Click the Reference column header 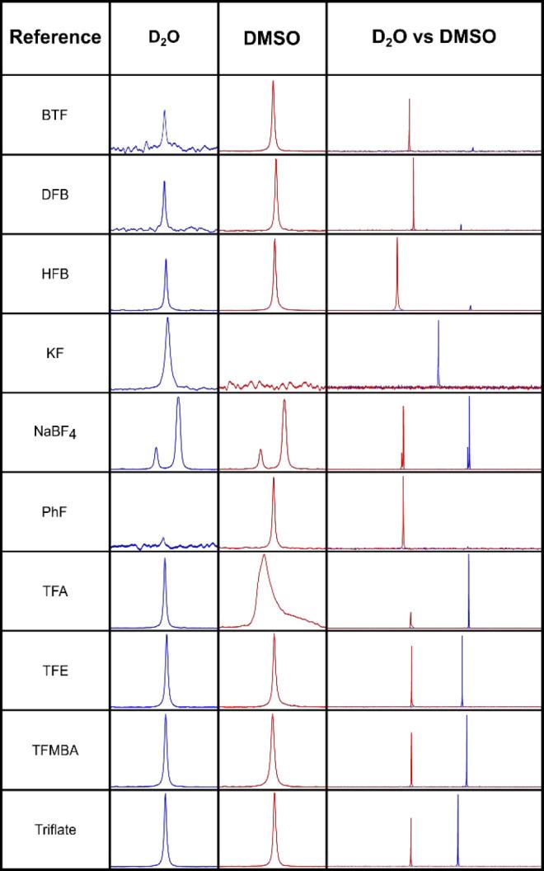(55, 37)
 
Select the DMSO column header (272, 37)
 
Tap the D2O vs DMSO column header (434, 37)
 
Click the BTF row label (55, 114)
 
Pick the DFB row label (55, 195)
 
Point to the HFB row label (55, 274)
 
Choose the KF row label (55, 353)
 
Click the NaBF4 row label (55, 433)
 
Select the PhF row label (55, 512)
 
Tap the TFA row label (55, 591)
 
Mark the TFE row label (55, 671)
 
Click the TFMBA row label (55, 751)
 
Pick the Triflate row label (55, 830)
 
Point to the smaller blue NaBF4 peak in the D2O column (156, 456)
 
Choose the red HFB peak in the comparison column (397, 272)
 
